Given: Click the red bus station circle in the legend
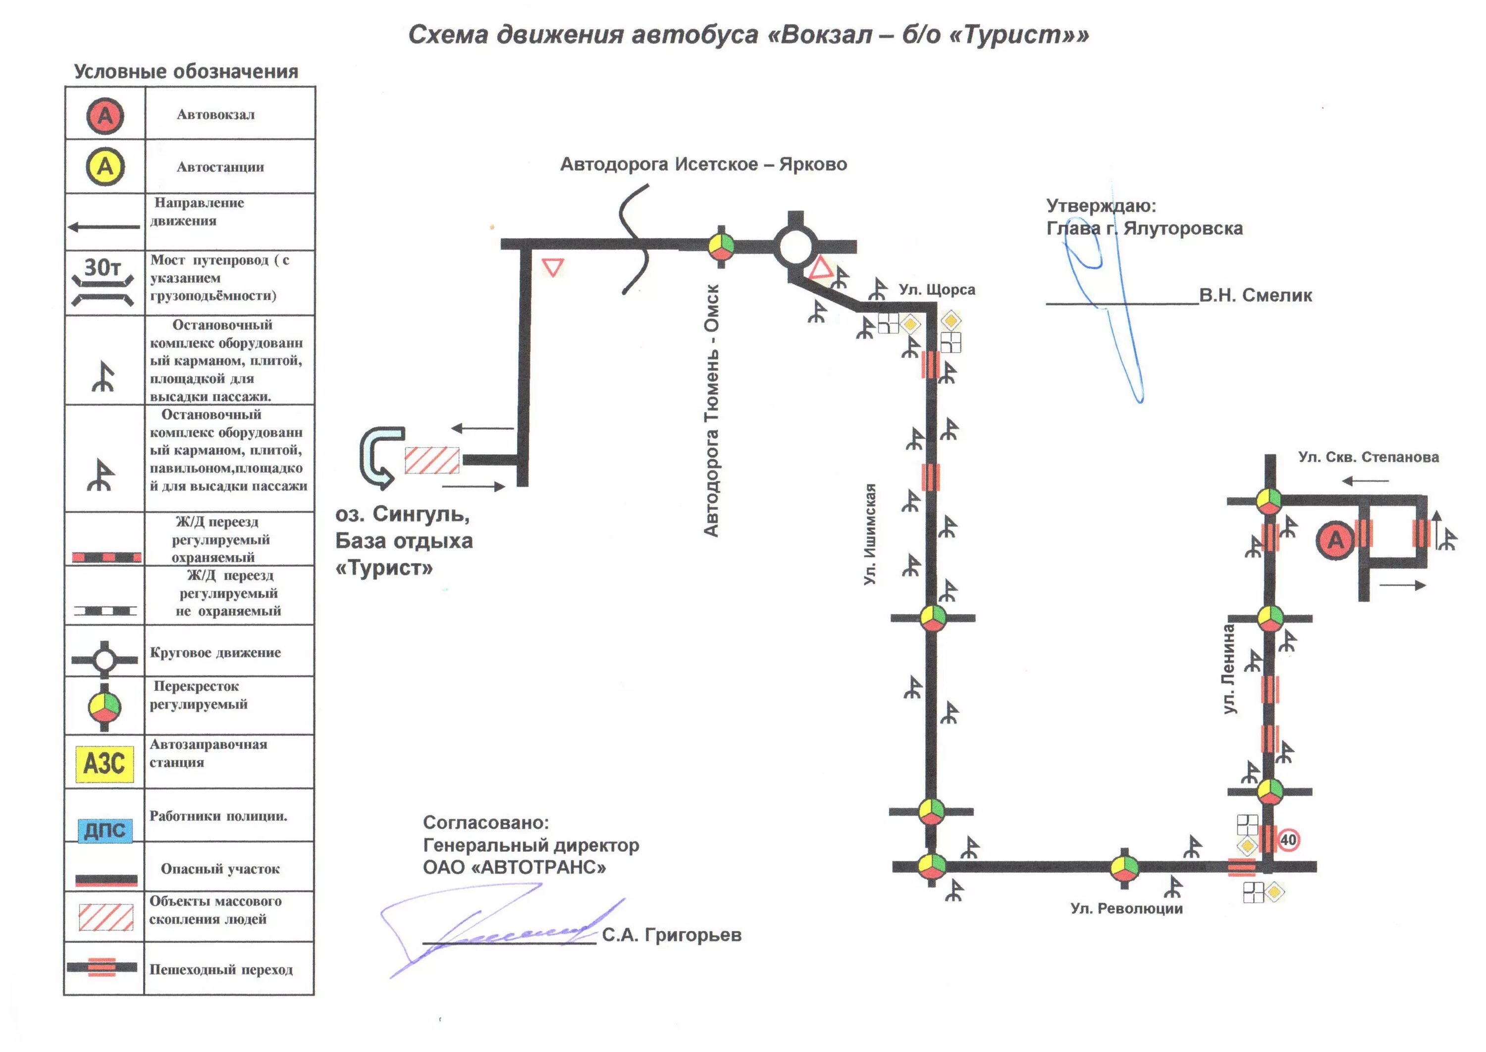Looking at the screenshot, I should [105, 116].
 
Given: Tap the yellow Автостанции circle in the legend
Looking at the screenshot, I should [105, 166].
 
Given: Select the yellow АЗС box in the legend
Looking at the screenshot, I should [105, 764].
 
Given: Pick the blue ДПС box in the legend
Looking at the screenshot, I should [105, 830].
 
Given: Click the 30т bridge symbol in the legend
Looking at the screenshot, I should [103, 282].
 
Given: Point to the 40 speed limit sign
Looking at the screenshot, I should [1288, 840].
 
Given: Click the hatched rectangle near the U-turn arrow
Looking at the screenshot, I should [432, 461].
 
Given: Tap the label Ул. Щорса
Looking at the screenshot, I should [937, 290].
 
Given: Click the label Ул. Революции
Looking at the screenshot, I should [1126, 908].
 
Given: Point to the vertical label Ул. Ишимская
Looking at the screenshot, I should [870, 534].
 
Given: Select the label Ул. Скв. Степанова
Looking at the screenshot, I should [1368, 457].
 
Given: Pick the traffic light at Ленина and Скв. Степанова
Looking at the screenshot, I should [1269, 501].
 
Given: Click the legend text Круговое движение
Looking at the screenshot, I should [215, 652].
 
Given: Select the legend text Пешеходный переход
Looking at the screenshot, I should [221, 969].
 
